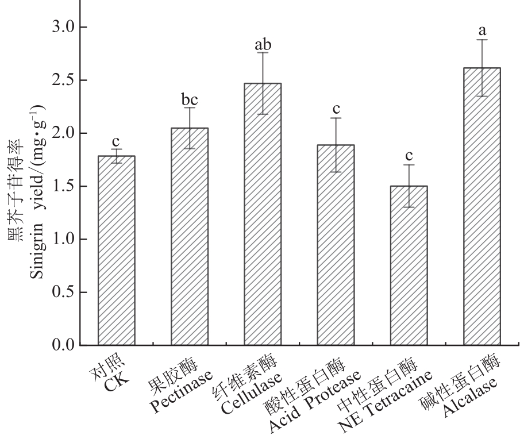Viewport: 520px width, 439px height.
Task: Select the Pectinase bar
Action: coord(190,236)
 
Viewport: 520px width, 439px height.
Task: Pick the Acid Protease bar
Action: coord(336,245)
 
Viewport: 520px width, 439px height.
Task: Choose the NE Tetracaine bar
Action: coord(409,265)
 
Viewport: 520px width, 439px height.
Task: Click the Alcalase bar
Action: coord(482,206)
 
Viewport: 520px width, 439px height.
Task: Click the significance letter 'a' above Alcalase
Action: coord(482,27)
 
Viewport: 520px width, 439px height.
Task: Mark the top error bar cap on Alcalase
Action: coord(482,40)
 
